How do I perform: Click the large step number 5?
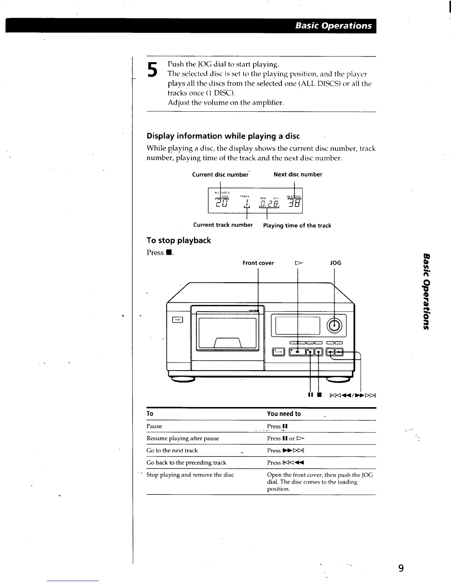153,70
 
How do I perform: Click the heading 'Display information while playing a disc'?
223,136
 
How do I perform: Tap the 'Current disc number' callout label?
220,175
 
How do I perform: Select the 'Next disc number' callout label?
298,174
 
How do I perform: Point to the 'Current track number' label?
223,225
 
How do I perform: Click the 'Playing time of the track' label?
297,226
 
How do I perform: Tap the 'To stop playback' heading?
179,240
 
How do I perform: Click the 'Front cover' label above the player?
258,263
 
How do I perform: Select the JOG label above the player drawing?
335,263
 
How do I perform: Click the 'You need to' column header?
284,414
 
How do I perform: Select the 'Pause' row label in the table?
154,426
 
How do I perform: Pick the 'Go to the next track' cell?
172,451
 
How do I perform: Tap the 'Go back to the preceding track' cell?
186,463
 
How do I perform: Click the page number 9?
401,568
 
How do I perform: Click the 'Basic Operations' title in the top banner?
333,26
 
